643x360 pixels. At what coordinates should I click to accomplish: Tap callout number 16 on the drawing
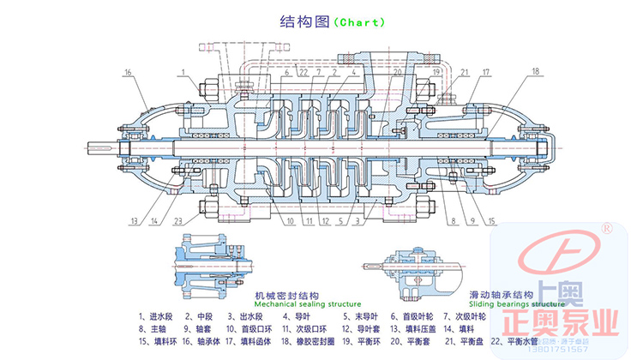(128, 74)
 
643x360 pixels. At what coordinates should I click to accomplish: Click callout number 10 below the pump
(291, 221)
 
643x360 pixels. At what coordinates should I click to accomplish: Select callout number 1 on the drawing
(184, 73)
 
